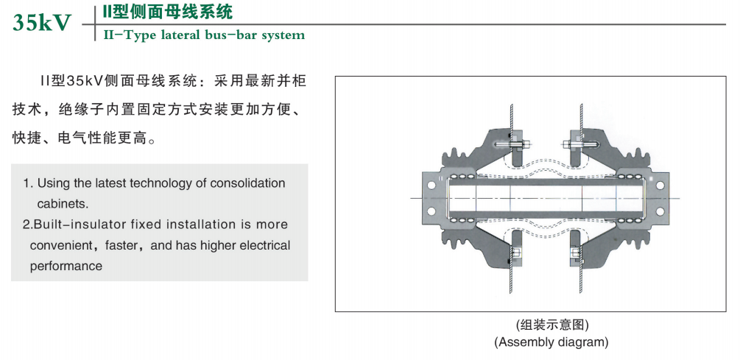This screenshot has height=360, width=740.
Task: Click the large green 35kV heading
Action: point(42,23)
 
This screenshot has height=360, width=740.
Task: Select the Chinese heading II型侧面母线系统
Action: point(168,12)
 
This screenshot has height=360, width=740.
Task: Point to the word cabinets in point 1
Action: point(63,205)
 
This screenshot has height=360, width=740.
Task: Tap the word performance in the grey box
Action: point(66,267)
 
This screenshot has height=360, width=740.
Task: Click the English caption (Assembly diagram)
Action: point(552,342)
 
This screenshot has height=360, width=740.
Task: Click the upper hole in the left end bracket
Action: point(431,186)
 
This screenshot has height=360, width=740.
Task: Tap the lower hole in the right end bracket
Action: point(660,211)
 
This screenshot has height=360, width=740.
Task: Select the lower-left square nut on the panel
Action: point(516,253)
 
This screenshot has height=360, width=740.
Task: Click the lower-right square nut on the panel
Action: point(577,253)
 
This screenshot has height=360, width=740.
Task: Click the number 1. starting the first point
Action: point(28,183)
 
